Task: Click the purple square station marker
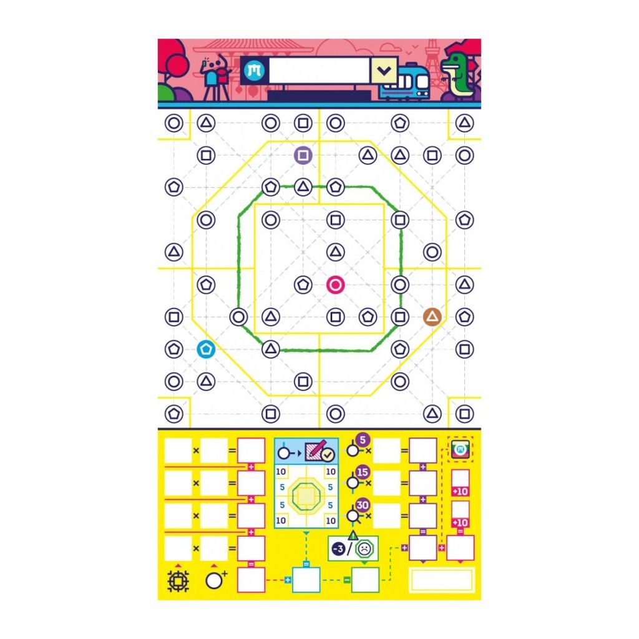click(303, 155)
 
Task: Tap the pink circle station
click(335, 285)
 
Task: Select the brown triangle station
click(432, 316)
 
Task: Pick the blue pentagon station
click(206, 349)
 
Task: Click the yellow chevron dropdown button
click(384, 71)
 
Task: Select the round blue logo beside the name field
click(255, 71)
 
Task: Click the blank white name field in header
click(319, 71)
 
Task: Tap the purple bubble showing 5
click(363, 440)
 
